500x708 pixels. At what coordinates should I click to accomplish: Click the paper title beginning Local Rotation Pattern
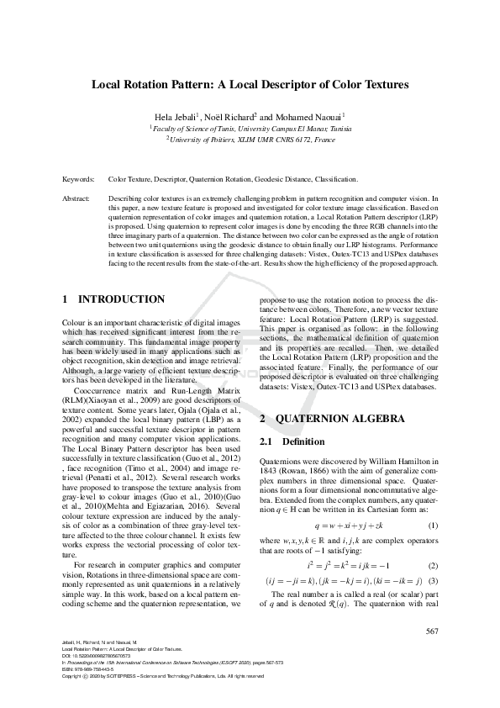coord(250,84)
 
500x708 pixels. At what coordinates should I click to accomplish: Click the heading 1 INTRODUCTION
coord(113,299)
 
